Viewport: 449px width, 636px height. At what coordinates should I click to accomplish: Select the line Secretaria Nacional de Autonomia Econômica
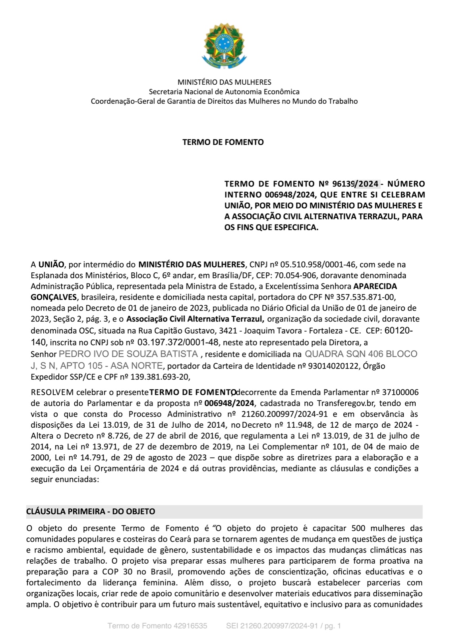224,92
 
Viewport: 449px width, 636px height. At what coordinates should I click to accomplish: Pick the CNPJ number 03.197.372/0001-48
178,342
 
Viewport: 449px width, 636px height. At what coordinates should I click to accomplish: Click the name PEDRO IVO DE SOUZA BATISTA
128,354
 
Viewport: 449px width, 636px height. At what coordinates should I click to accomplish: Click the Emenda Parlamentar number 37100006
400,392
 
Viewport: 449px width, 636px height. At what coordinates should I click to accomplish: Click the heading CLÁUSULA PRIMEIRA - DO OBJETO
91,512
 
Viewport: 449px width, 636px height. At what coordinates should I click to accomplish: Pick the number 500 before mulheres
358,528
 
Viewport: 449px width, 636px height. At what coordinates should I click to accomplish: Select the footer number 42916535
190,626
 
